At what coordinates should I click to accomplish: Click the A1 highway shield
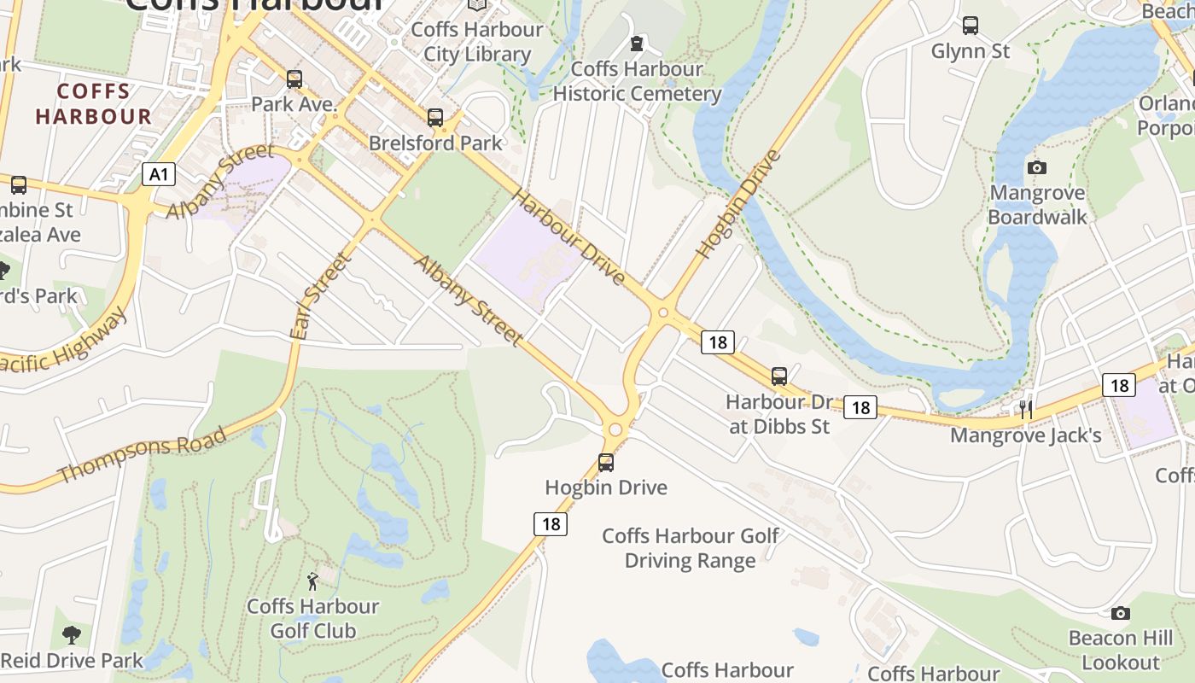click(x=158, y=175)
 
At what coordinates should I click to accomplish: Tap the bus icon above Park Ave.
click(x=294, y=79)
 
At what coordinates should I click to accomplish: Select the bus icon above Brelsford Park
click(x=435, y=117)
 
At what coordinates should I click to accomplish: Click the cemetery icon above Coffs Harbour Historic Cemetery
click(x=637, y=43)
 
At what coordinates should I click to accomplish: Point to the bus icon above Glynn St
click(x=971, y=26)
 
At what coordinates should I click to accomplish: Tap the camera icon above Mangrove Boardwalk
click(x=1037, y=167)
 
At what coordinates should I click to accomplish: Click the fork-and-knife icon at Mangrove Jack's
click(x=1026, y=410)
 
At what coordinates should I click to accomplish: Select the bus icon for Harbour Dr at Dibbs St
click(x=778, y=376)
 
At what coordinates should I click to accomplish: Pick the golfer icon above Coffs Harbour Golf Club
click(x=312, y=581)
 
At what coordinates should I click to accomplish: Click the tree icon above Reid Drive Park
click(x=72, y=634)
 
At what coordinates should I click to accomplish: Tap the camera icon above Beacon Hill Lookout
click(x=1121, y=613)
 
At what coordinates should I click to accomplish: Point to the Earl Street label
click(x=321, y=295)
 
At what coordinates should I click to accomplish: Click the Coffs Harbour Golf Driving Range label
click(x=691, y=548)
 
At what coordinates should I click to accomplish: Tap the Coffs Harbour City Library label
click(x=477, y=42)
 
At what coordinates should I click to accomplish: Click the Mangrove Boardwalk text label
click(x=1037, y=205)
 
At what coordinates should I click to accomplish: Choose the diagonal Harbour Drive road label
click(x=568, y=236)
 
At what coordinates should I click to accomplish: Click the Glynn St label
click(x=971, y=51)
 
